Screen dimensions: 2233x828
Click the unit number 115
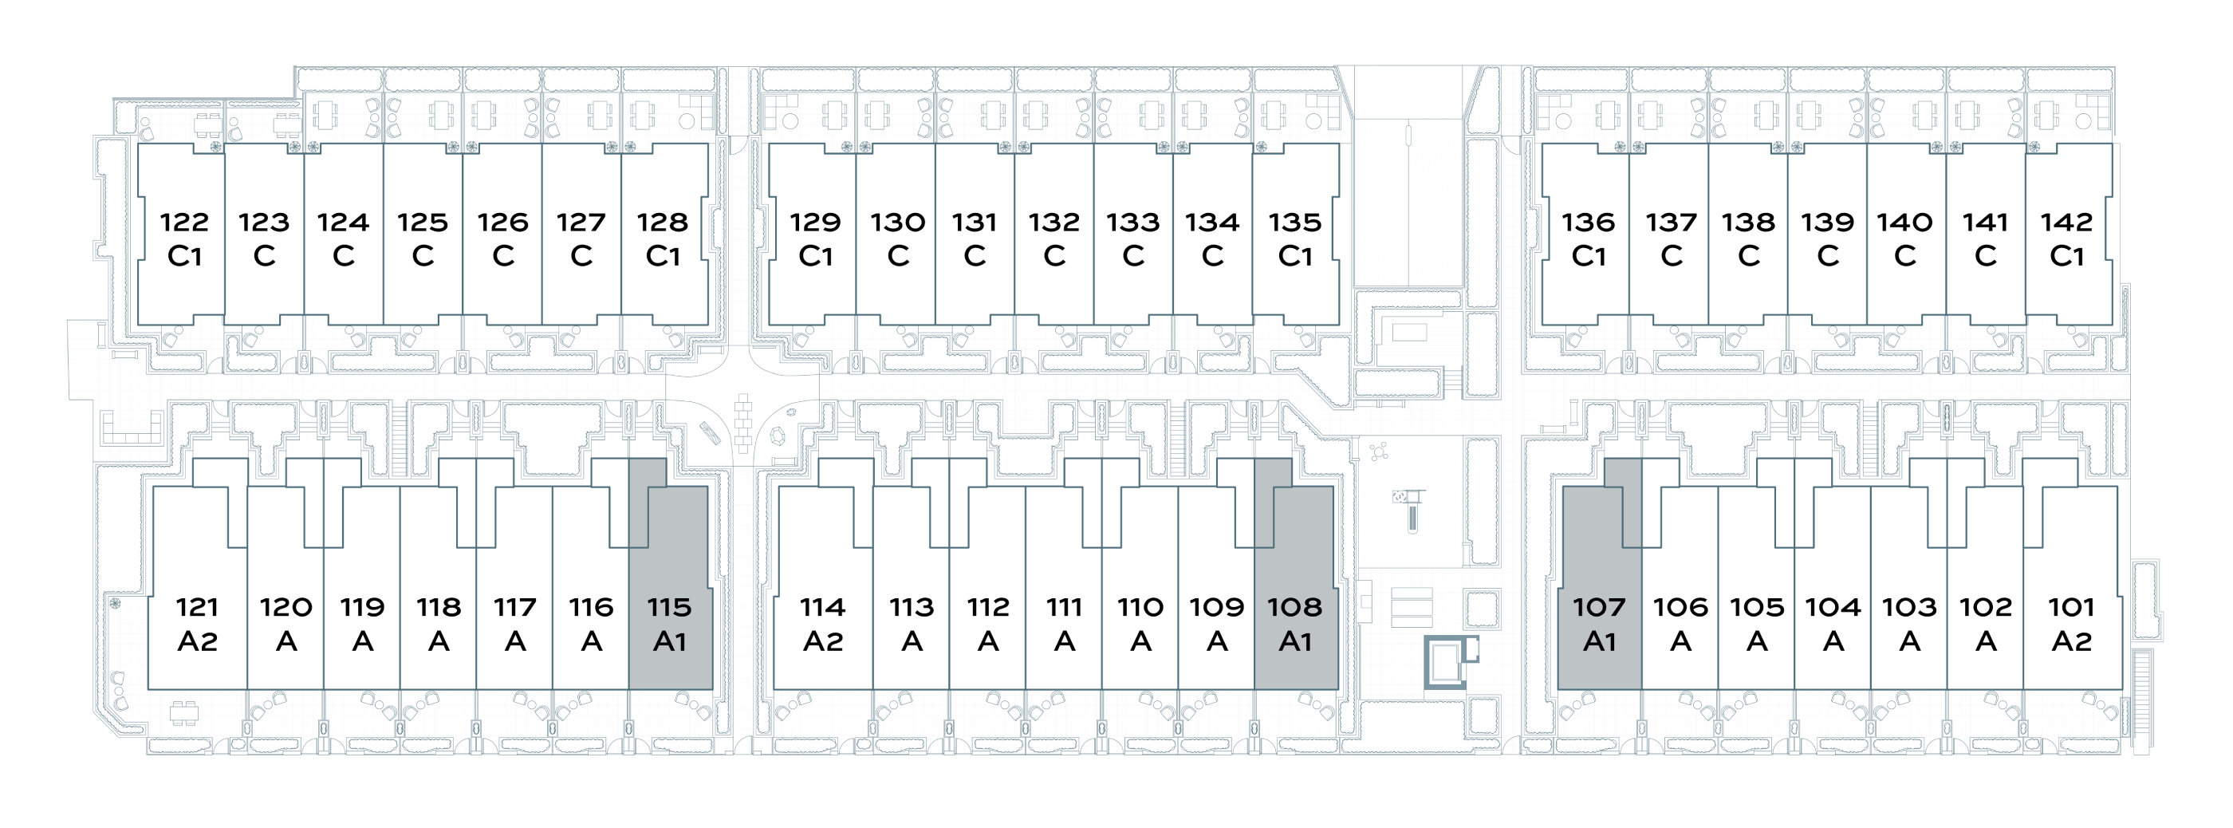pyautogui.click(x=669, y=606)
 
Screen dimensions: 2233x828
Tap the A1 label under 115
pyautogui.click(x=669, y=641)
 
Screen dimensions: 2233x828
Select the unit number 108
pyautogui.click(x=1295, y=606)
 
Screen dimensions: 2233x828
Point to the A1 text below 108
pyautogui.click(x=1295, y=641)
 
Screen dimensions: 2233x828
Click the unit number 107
pyautogui.click(x=1599, y=606)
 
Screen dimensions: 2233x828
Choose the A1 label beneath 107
pyautogui.click(x=1599, y=641)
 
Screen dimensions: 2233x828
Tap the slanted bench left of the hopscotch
pyautogui.click(x=708, y=432)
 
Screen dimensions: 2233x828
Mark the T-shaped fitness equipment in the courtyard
pyautogui.click(x=1409, y=508)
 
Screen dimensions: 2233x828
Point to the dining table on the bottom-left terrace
pyautogui.click(x=183, y=712)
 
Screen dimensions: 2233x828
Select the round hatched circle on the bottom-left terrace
pyautogui.click(x=114, y=601)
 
